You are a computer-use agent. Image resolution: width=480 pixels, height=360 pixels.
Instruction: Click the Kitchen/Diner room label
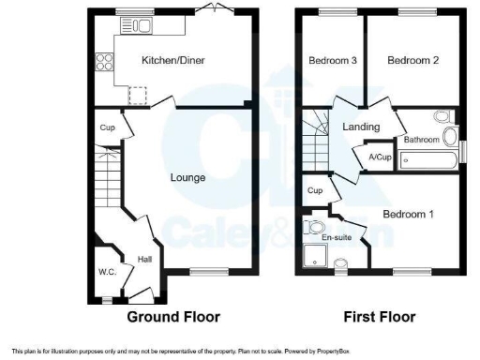(x=173, y=61)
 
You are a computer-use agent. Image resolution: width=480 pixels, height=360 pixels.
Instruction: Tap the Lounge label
(x=187, y=177)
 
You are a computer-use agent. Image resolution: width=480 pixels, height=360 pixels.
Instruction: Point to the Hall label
(x=145, y=259)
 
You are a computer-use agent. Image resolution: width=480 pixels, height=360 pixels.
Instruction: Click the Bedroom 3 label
(x=332, y=61)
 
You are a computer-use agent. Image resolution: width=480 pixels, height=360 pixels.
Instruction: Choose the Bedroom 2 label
(x=413, y=61)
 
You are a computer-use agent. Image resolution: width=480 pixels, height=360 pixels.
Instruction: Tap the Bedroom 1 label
(x=409, y=214)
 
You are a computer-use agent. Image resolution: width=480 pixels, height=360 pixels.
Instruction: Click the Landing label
(x=361, y=127)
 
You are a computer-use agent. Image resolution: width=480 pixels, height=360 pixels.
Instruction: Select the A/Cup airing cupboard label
(x=380, y=157)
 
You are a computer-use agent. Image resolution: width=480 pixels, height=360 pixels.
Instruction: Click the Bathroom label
(x=421, y=141)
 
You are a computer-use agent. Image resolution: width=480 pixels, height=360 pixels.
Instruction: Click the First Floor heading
(x=380, y=317)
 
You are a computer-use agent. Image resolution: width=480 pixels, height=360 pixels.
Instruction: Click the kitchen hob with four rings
(x=105, y=65)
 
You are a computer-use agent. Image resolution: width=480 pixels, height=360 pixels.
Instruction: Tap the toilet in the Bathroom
(x=441, y=119)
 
